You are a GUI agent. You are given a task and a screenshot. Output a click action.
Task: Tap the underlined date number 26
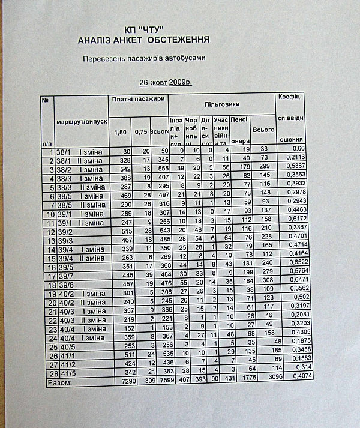click(x=143, y=82)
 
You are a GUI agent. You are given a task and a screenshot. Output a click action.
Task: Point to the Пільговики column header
click(x=221, y=104)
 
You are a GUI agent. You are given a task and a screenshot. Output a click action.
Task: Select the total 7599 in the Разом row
click(x=159, y=381)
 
